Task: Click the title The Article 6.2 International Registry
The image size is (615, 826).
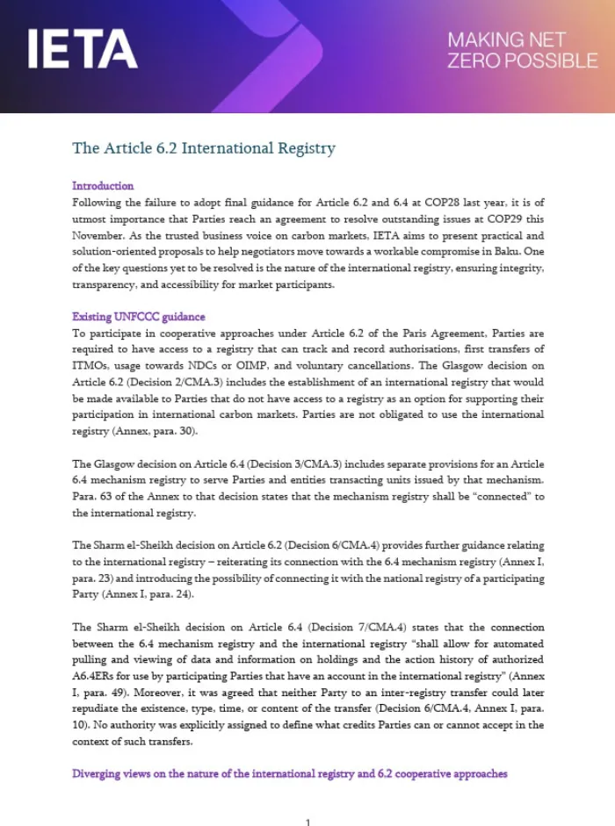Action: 204,148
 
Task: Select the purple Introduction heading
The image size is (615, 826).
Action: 103,186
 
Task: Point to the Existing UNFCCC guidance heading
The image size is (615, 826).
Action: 138,317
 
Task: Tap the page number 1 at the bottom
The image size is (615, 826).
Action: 307,821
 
